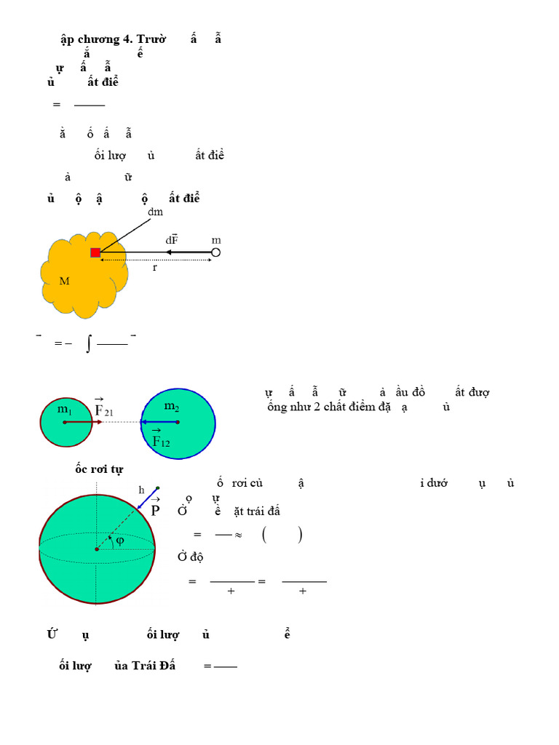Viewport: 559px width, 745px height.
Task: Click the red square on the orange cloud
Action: pos(95,252)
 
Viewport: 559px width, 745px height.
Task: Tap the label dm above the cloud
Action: pos(155,212)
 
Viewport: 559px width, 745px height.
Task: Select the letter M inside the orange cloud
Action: pos(64,281)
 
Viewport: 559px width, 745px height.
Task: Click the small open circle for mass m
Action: pos(215,252)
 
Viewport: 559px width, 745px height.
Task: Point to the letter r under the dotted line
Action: pos(154,268)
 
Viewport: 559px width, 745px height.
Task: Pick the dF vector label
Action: pos(172,239)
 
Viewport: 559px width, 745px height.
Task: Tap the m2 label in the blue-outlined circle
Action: pos(172,406)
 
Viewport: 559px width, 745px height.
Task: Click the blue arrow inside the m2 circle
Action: pos(159,422)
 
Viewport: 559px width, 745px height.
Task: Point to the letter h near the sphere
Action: pos(142,490)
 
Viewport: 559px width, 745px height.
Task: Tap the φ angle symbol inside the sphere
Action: pos(120,540)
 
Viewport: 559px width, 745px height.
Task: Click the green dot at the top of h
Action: pos(158,487)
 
